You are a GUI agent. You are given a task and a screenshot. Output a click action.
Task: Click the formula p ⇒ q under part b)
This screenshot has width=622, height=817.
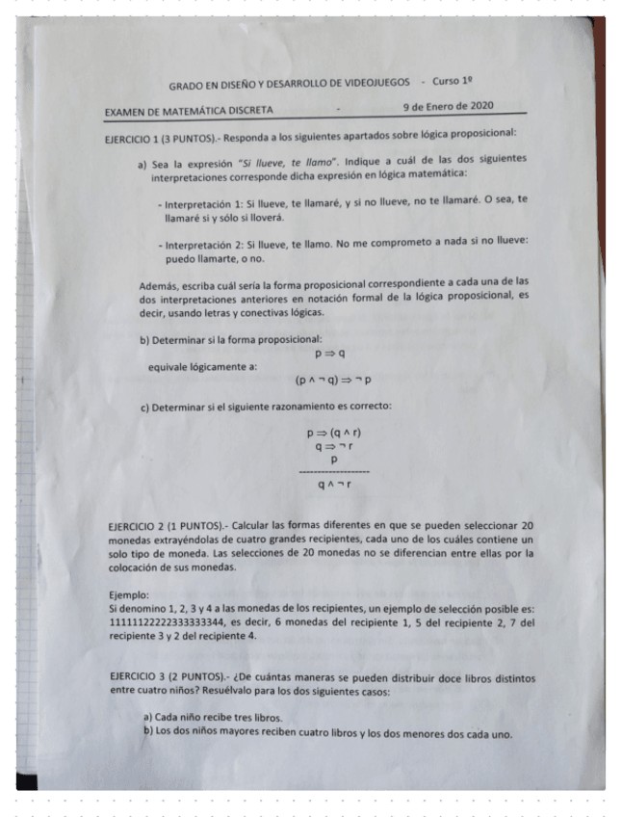330,354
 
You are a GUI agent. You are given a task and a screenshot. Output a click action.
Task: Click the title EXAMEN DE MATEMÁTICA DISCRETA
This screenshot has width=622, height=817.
190,110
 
